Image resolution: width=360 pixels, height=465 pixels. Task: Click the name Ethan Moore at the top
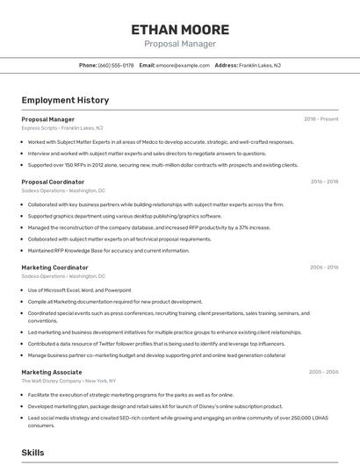180,29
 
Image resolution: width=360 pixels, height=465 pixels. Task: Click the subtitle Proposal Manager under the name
180,44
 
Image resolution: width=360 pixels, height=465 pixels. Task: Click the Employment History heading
65,101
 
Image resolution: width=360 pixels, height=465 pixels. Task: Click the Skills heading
32,452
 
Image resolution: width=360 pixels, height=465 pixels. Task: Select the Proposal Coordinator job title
53,182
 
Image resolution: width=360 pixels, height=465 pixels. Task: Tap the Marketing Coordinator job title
54,267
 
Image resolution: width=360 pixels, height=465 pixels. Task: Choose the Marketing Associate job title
53,372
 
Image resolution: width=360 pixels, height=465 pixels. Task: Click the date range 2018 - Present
320,119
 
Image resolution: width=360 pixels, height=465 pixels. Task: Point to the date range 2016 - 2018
324,182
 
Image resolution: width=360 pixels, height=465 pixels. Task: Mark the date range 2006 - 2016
324,267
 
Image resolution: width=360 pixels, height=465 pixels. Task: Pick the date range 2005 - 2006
323,372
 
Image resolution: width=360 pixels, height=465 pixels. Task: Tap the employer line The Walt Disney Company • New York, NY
68,381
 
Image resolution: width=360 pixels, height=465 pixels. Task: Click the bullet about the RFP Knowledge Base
108,250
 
